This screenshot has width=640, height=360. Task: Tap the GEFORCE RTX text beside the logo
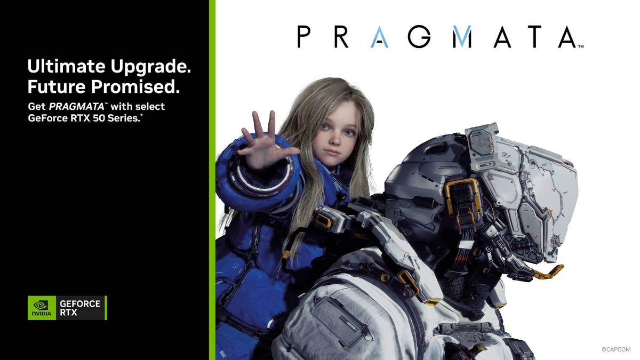click(80, 308)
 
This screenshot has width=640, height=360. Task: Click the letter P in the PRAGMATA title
click(304, 37)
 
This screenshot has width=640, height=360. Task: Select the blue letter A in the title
click(380, 37)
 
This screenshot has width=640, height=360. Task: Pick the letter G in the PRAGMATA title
click(420, 37)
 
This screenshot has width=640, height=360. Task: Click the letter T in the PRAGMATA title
click(527, 37)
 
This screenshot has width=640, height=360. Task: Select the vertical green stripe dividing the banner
click(212, 180)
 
